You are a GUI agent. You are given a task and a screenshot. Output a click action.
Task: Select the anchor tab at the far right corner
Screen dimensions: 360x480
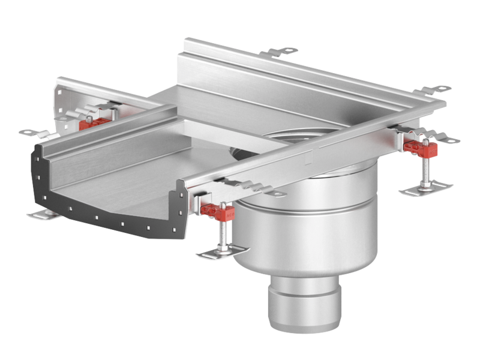(441, 90)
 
